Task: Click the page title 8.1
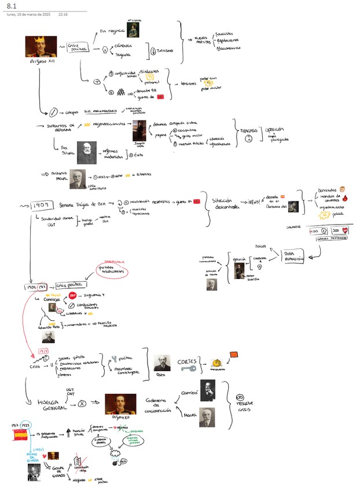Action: (x=12, y=5)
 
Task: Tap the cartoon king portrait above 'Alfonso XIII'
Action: (x=41, y=46)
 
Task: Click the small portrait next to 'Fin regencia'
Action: (x=133, y=28)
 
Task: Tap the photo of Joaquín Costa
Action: (x=139, y=131)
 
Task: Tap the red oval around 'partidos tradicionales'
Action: (x=117, y=270)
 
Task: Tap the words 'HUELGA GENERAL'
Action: (x=52, y=405)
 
